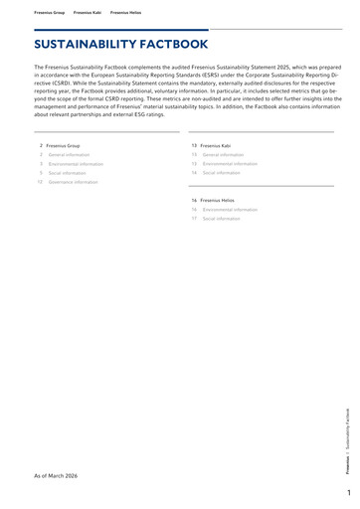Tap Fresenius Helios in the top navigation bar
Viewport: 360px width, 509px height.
pos(125,13)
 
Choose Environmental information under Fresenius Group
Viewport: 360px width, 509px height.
pos(76,164)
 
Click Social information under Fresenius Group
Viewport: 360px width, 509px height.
pos(68,173)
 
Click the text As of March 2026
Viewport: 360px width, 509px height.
pos(56,476)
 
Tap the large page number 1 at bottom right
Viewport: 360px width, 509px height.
pos(350,493)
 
